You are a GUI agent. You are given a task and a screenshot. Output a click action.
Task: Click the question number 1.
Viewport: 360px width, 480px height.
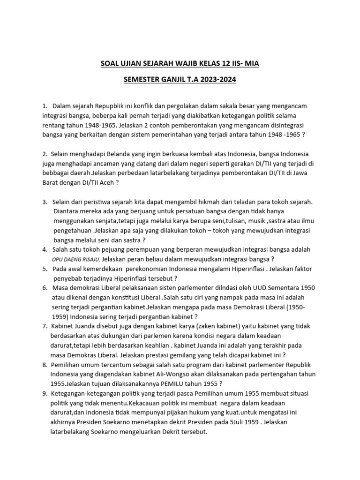[45, 106]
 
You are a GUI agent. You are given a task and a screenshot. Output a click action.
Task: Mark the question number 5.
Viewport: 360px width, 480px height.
[45, 269]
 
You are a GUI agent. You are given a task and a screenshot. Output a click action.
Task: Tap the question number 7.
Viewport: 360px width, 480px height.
[45, 326]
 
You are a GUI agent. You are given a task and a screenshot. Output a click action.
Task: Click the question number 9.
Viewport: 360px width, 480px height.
[45, 393]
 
